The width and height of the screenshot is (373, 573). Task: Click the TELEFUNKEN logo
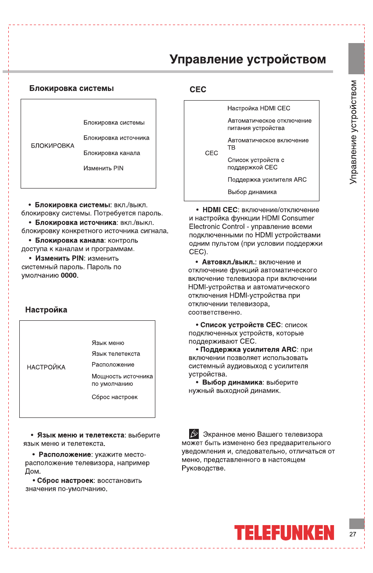284,533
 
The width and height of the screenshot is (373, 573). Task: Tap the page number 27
353,534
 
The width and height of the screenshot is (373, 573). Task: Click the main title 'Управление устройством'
248,59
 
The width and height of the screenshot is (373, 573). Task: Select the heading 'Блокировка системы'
72,88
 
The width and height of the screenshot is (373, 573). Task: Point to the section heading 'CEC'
197,90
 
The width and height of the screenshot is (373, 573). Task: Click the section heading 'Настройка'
46,310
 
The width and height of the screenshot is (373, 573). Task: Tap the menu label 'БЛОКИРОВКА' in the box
53,145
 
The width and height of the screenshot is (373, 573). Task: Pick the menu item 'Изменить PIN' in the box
104,168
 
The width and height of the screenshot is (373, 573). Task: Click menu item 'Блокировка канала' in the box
112,153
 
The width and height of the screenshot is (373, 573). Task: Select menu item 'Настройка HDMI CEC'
258,108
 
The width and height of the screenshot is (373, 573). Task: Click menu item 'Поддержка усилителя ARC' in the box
267,179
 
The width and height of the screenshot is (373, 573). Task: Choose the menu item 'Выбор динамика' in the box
252,192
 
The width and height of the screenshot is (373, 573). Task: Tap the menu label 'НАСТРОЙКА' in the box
46,367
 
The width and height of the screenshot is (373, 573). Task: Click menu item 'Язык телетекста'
116,354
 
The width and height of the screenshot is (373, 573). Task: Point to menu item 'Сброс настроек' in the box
115,397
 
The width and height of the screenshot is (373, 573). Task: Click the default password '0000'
69,276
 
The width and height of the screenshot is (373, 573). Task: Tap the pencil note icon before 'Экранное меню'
194,434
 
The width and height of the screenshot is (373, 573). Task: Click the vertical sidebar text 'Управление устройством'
354,132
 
